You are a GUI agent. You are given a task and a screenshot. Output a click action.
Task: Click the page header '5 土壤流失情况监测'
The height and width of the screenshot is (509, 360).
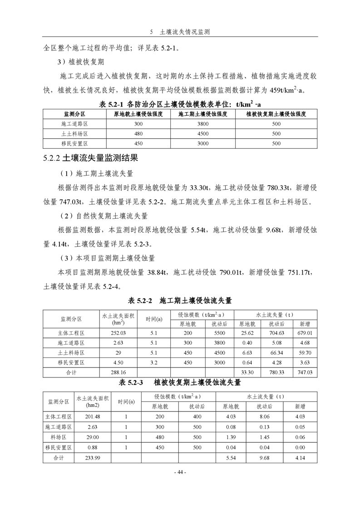click(180, 33)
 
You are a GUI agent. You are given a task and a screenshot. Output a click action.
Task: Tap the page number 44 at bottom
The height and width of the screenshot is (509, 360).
click(180, 472)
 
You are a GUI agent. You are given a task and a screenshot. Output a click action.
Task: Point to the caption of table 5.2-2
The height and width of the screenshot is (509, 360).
click(180, 300)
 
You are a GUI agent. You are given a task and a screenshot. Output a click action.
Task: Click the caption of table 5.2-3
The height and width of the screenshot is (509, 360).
click(180, 382)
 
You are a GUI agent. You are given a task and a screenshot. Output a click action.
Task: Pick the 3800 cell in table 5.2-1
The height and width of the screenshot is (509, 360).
click(203, 124)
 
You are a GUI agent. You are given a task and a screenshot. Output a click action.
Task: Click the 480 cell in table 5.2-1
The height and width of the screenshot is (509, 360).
click(138, 134)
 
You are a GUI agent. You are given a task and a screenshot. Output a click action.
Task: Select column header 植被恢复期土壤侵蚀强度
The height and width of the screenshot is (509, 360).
click(276, 114)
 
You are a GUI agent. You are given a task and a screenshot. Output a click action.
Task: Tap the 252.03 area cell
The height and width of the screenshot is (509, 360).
click(118, 333)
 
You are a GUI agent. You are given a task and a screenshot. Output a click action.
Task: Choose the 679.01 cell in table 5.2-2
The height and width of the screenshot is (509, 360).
click(305, 333)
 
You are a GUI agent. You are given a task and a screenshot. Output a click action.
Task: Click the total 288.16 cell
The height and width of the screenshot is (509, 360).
click(118, 372)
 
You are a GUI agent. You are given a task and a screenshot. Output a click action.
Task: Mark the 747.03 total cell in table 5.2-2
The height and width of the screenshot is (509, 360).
click(305, 372)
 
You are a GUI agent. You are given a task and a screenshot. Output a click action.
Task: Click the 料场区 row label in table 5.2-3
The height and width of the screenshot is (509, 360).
click(58, 437)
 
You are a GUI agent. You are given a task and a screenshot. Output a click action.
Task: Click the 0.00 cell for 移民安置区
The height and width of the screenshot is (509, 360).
click(300, 448)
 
